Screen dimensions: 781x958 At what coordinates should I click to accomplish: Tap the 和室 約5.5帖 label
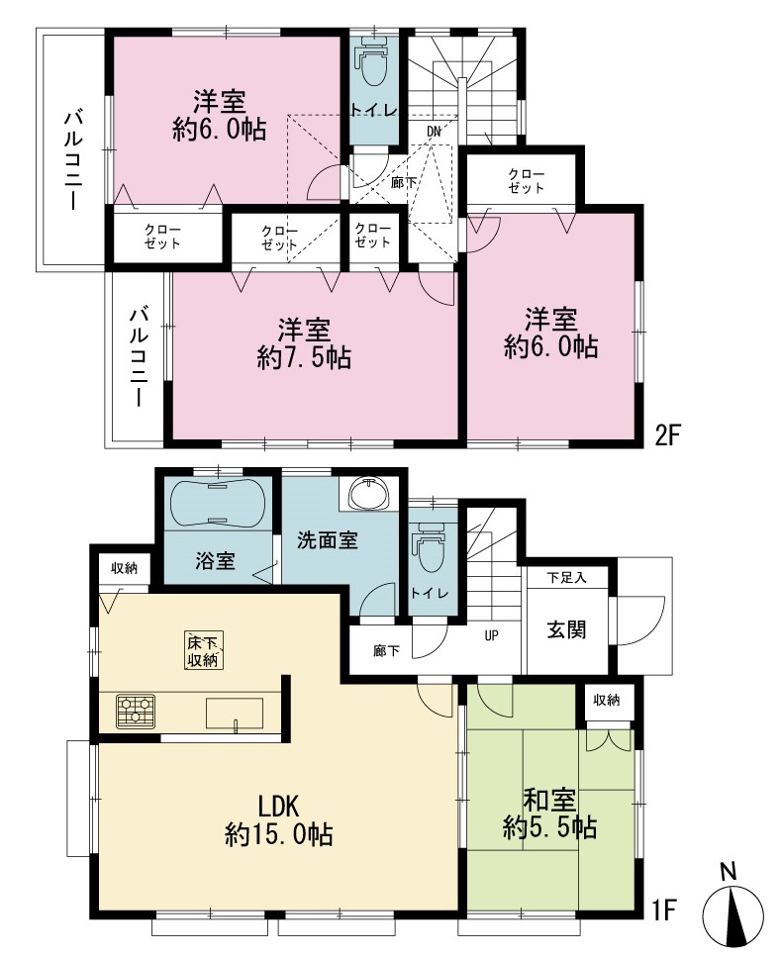point(550,814)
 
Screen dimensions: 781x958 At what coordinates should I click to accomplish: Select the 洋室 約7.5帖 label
point(304,344)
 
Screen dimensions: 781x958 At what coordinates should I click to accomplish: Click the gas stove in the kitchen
point(136,712)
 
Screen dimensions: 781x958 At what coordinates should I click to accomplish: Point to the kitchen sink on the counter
point(235,713)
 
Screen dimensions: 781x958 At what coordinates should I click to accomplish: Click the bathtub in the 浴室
point(218,503)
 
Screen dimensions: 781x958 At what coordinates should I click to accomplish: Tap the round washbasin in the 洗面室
point(368,493)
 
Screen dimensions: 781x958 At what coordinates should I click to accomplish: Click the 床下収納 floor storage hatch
point(203,651)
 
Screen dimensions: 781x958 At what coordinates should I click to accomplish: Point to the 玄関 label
point(566,629)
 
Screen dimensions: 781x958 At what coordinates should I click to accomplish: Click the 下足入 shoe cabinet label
point(566,577)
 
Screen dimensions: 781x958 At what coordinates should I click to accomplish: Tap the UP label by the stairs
point(491,636)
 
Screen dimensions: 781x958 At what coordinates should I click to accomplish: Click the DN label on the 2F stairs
point(434,132)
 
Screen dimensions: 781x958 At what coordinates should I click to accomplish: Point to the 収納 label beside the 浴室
point(124,568)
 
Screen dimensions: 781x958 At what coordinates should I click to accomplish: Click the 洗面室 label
point(327,540)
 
